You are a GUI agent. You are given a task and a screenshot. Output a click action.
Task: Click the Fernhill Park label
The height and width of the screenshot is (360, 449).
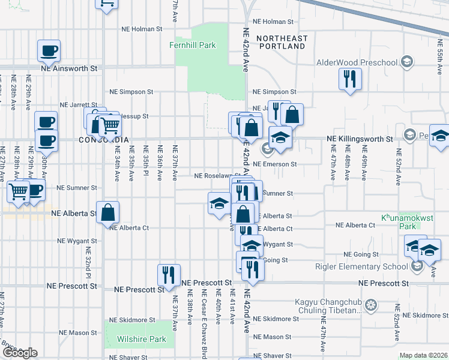(x=192, y=45)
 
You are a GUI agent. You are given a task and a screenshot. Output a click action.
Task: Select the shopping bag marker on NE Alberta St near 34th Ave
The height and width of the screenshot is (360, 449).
(x=107, y=212)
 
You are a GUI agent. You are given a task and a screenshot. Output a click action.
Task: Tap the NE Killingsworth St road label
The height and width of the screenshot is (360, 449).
(x=359, y=139)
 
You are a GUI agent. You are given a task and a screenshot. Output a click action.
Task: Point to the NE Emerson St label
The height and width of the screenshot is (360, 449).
(x=275, y=164)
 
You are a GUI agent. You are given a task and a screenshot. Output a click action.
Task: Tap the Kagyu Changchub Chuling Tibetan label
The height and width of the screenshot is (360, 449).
(x=324, y=306)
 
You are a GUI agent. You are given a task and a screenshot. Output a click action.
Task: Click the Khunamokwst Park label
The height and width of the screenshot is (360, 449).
(x=399, y=222)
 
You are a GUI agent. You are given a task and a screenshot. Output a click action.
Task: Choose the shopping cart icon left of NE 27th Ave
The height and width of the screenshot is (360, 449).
(x=18, y=191)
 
